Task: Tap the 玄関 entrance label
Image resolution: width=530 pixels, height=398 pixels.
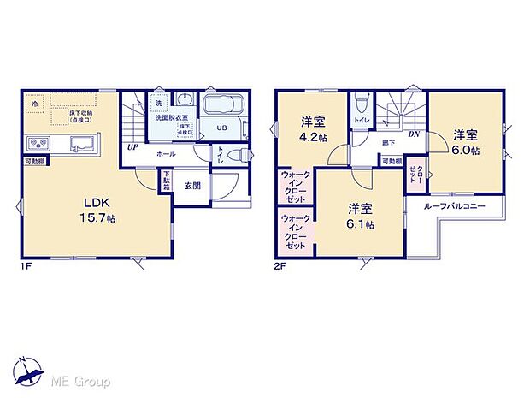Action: click(x=191, y=186)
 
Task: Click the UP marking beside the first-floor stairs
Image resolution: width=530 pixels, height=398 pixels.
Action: click(x=132, y=147)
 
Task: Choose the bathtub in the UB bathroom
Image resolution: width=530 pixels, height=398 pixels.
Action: click(x=225, y=108)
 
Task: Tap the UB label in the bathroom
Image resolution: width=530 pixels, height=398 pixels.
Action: click(x=221, y=128)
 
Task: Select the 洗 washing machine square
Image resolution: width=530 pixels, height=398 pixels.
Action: click(x=157, y=104)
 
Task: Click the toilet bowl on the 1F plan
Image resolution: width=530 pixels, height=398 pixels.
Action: click(x=242, y=155)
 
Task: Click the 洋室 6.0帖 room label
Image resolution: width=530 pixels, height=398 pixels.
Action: click(x=466, y=141)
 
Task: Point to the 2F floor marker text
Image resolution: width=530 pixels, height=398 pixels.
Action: click(x=279, y=266)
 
